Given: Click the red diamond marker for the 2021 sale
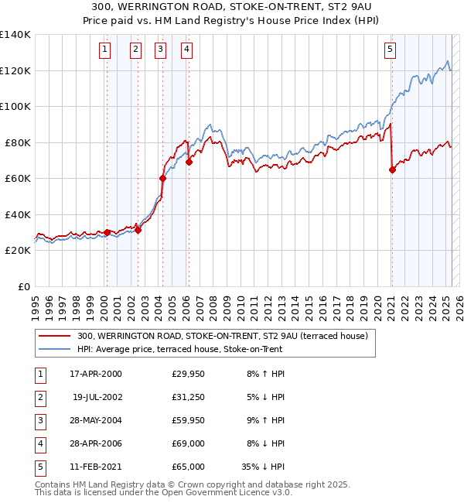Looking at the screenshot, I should click(392, 170).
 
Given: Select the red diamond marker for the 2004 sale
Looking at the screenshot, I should click(163, 179).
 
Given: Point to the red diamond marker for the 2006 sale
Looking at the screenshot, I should click(189, 163).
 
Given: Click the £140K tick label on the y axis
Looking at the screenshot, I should click(15, 35).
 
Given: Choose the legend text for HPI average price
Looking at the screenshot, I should click(180, 350).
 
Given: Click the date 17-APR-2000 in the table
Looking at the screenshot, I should click(95, 375).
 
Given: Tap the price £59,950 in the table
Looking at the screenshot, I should click(189, 421).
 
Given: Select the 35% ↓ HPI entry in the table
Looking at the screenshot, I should click(264, 467).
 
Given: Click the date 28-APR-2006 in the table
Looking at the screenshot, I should click(95, 444).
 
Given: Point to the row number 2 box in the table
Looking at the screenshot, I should click(40, 398).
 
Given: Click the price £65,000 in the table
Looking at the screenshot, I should click(189, 467).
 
